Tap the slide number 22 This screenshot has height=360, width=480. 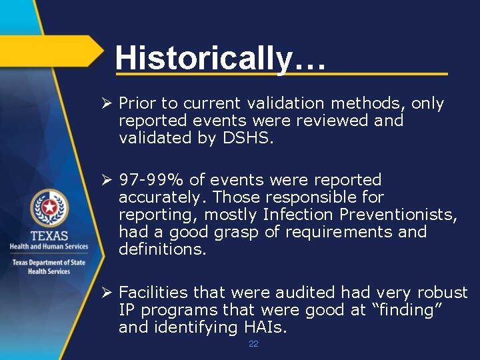pos(253,343)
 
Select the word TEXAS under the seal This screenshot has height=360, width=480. pos(48,235)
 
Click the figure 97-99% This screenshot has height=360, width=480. pos(151,180)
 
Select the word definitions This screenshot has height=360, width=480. pos(163,249)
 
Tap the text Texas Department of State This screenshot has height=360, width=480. pos(48,262)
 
